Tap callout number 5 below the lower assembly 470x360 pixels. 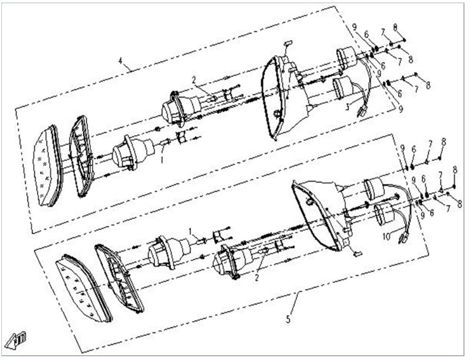click(x=288, y=320)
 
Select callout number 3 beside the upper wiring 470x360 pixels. click(x=348, y=108)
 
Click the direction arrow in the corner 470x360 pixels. click(x=17, y=339)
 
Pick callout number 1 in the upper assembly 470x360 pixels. click(x=162, y=160)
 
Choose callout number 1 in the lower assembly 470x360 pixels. click(x=190, y=229)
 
